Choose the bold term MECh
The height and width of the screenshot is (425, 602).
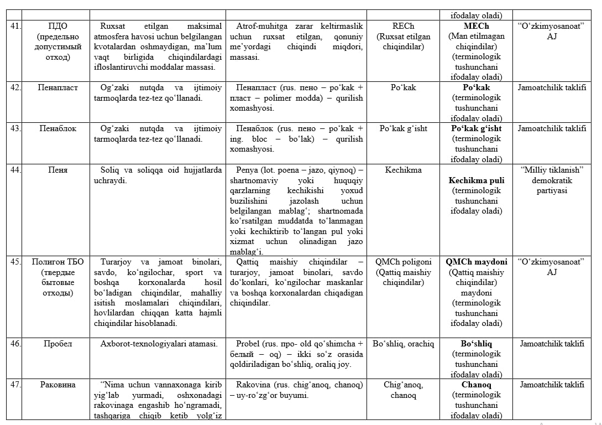[477, 26]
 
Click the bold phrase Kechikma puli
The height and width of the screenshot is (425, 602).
[477, 180]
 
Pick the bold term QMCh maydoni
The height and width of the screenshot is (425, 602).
[477, 262]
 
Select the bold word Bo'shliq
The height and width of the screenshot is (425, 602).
[477, 344]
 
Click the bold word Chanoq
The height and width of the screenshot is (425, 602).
[477, 385]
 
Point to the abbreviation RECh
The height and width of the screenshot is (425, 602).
[403, 26]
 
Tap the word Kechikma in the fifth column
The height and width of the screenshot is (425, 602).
[403, 169]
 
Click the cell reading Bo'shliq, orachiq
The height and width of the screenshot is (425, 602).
[403, 344]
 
